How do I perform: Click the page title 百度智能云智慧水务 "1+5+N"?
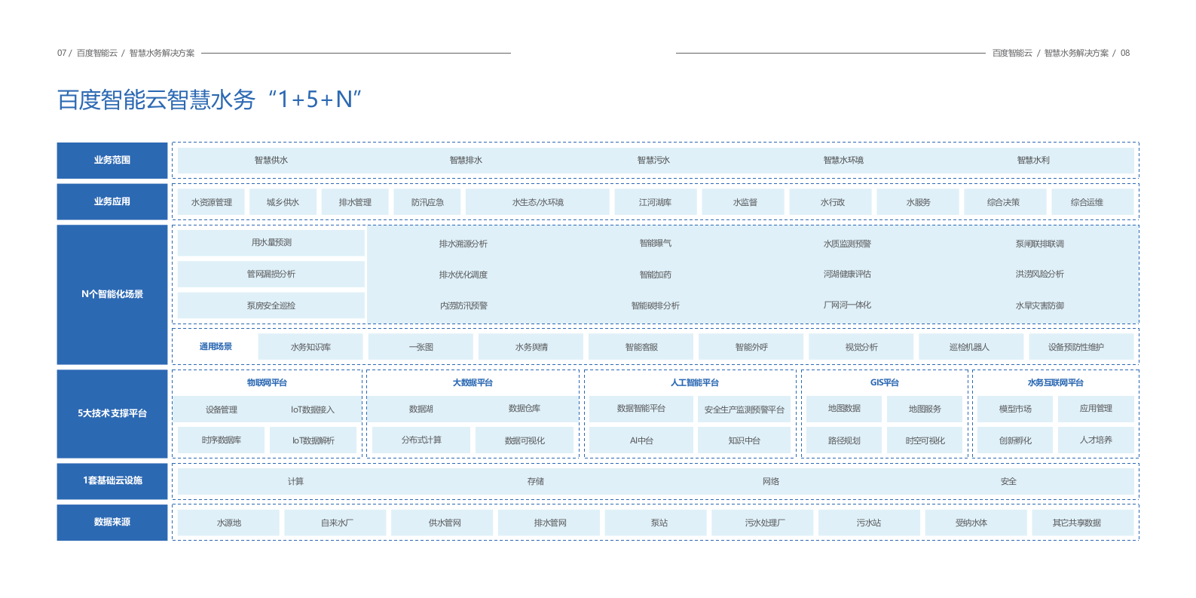point(210,100)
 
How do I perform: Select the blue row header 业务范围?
point(112,160)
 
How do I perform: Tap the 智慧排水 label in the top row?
point(466,160)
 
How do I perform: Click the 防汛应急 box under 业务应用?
point(427,202)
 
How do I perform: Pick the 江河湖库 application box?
point(655,202)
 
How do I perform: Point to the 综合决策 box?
point(1003,202)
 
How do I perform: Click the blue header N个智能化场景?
point(112,294)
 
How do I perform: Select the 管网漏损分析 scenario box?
point(271,274)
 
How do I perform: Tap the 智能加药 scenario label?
point(655,274)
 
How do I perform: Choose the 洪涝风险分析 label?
point(1039,274)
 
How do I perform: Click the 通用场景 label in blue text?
point(216,347)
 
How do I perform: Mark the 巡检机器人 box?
point(969,347)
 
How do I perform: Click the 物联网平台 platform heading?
point(267,382)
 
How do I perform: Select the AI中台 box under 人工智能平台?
point(641,440)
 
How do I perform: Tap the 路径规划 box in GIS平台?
point(844,440)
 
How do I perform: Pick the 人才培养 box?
point(1096,440)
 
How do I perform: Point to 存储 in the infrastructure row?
point(536,481)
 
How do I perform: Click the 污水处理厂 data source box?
point(764,523)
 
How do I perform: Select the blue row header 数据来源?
point(112,522)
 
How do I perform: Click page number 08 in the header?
point(1125,53)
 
